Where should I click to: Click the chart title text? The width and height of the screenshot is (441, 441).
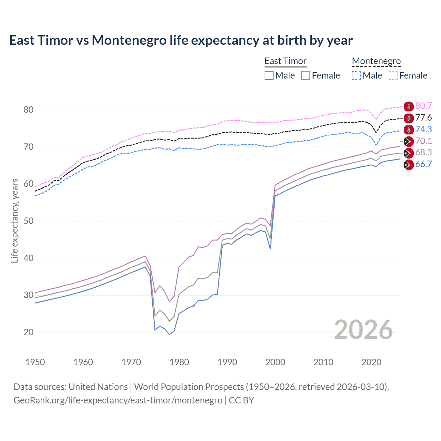[181, 40]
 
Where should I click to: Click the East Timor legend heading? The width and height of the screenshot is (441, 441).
[285, 61]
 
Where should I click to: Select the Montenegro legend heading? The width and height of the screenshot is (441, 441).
[376, 61]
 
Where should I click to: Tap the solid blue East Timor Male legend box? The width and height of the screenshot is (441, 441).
[269, 75]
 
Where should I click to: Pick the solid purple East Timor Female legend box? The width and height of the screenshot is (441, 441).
[306, 75]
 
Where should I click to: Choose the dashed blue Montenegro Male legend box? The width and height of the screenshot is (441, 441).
[356, 75]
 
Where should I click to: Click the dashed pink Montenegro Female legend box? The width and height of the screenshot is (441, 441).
[393, 75]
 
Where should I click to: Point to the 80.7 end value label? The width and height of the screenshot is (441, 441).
[423, 106]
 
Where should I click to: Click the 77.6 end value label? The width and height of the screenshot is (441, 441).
[423, 117]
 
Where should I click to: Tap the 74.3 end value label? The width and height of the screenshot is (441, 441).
[423, 129]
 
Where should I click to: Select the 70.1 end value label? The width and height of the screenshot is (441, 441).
[423, 141]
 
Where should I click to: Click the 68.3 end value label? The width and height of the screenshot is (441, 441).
[423, 152]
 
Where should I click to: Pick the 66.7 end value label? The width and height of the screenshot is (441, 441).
[423, 164]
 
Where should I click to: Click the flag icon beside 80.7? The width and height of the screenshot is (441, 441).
[409, 106]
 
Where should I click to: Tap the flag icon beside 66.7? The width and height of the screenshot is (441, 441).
[409, 165]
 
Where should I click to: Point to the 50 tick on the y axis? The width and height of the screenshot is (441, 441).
[29, 221]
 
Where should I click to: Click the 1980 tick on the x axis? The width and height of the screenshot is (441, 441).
[179, 362]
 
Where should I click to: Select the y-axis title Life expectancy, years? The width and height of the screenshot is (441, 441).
[14, 220]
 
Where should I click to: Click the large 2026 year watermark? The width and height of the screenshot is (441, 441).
[363, 330]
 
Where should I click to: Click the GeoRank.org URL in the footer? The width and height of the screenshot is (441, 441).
[118, 400]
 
